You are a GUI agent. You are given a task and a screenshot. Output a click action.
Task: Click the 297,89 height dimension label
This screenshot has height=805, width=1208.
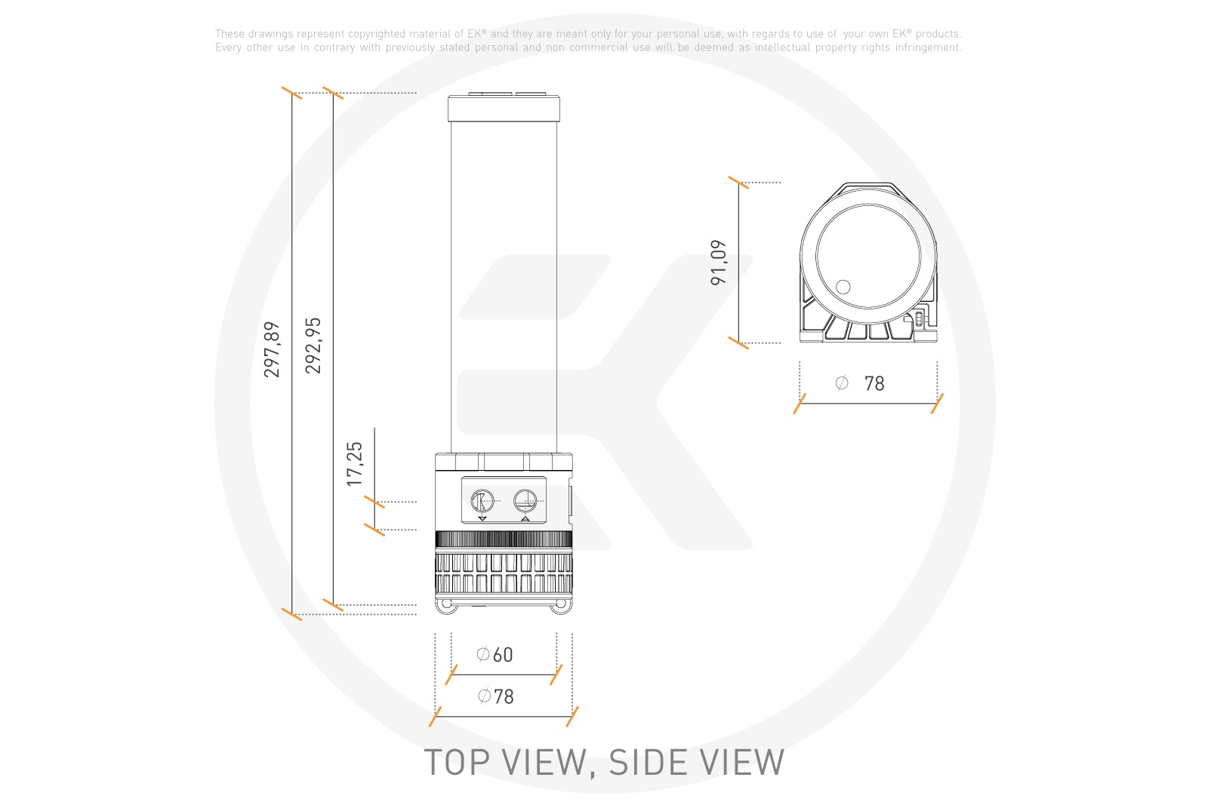[272, 349]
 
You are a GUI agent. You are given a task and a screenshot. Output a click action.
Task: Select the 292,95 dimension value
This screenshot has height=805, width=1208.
[313, 346]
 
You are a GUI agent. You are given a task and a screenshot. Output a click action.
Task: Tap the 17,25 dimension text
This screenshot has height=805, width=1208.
[355, 464]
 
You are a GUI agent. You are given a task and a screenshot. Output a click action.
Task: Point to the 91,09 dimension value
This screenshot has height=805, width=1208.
[719, 263]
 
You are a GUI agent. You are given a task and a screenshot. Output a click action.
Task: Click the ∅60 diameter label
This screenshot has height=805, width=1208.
[495, 655]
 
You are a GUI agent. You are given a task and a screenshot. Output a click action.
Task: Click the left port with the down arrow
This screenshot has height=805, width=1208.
[482, 501]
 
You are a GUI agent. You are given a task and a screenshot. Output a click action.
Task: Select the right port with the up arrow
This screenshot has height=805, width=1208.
[525, 501]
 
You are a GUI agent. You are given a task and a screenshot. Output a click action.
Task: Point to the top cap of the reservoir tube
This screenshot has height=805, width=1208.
[504, 108]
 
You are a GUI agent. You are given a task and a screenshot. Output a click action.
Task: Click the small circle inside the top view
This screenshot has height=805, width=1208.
[843, 287]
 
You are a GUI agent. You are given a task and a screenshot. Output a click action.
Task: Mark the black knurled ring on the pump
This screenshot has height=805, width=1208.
[504, 539]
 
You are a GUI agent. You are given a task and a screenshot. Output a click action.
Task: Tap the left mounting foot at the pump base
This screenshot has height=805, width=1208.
[447, 605]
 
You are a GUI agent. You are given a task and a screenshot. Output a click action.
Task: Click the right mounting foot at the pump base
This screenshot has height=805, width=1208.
[561, 605]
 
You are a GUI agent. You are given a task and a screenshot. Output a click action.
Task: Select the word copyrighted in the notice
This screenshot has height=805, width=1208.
[377, 34]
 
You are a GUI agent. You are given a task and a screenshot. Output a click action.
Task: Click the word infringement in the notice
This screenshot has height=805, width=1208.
[928, 48]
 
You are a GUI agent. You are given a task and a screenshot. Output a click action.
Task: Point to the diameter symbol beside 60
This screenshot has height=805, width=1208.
[483, 655]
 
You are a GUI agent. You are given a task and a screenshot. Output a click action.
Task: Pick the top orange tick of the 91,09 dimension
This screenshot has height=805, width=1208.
[738, 183]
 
